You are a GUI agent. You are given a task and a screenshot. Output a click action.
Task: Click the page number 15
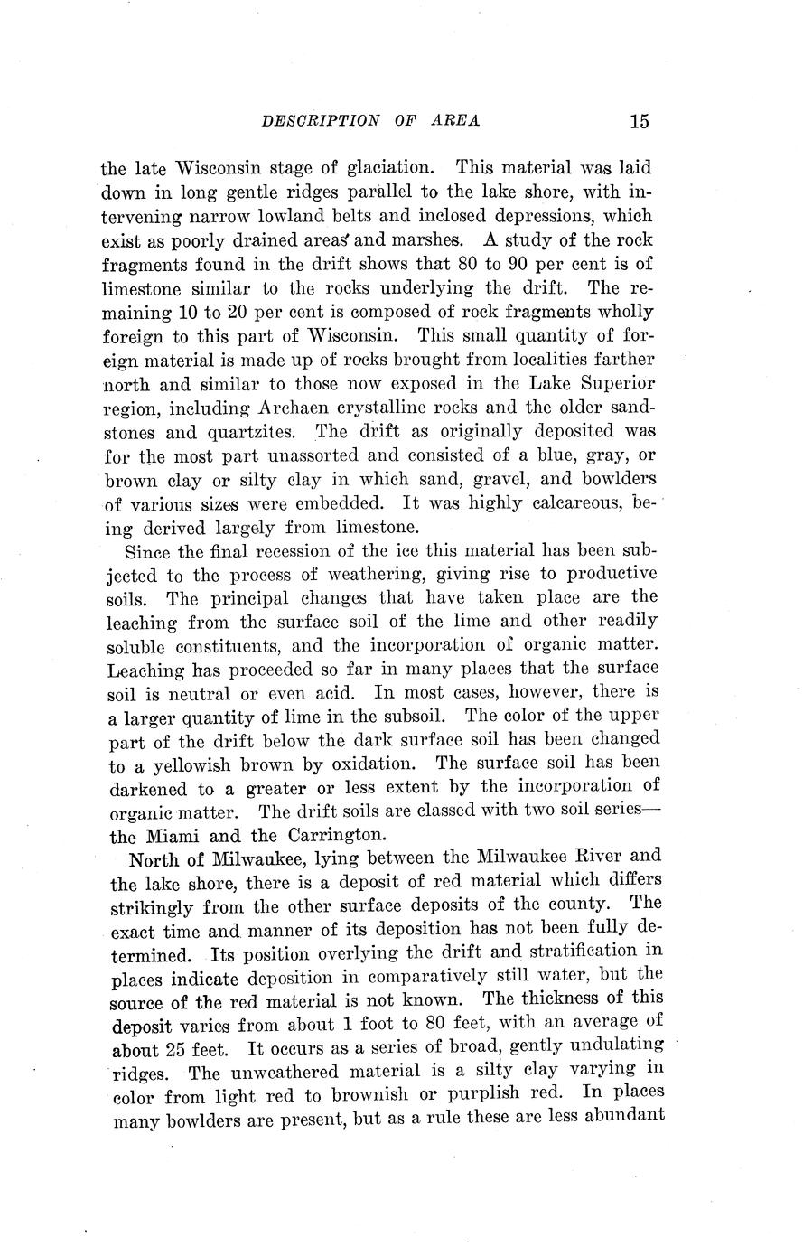tap(640, 121)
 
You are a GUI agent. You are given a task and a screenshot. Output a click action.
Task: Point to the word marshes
tap(427, 240)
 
